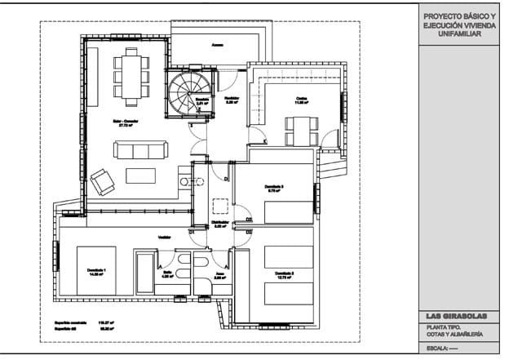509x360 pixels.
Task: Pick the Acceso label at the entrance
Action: [217, 45]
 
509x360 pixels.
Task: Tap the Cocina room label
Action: [301, 100]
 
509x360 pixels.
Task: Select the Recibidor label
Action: [232, 100]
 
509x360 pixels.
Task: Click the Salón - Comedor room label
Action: [127, 124]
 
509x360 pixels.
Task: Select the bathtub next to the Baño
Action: [144, 273]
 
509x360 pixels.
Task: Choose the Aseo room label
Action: [219, 274]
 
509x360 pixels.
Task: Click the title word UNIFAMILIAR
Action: [459, 35]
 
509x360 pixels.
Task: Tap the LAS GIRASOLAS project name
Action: [460, 317]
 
